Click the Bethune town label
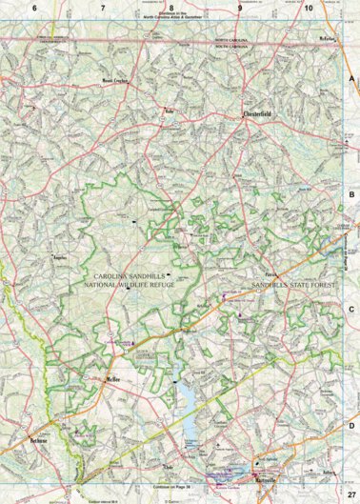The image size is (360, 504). coord(38,444)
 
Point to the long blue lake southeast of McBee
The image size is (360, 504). coord(187,410)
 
